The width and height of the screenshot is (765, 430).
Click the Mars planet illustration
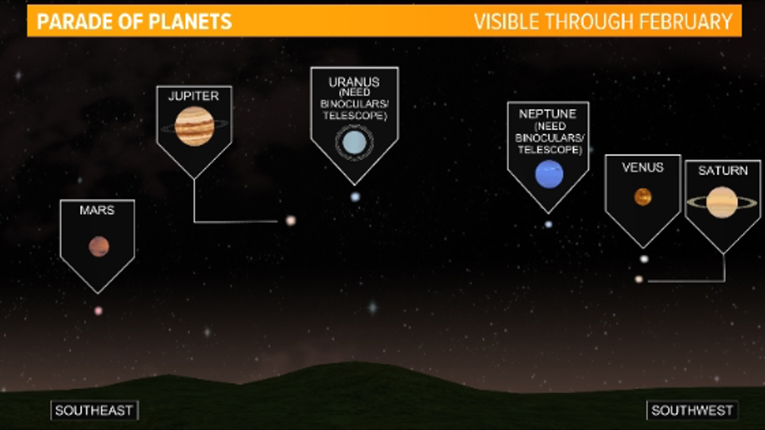tap(99, 246)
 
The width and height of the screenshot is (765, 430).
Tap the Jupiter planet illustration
tap(194, 126)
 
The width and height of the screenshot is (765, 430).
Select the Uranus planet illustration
tap(354, 143)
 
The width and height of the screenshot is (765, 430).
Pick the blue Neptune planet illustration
tap(549, 174)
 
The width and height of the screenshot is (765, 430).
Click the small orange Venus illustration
tap(643, 197)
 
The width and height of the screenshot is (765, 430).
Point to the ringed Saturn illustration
tap(722, 202)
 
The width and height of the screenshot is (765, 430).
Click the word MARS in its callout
tap(97, 210)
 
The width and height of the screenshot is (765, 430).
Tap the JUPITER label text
tap(194, 96)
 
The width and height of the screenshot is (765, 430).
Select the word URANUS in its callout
tap(354, 82)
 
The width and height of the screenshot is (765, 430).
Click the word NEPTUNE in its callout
tap(547, 114)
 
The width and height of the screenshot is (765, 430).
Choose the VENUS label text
tap(642, 168)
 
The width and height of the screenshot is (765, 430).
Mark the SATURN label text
tap(723, 171)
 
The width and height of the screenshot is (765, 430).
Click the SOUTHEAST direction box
tap(94, 410)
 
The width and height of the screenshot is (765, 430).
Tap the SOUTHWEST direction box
tap(692, 410)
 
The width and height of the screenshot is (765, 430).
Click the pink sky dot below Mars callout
tap(98, 311)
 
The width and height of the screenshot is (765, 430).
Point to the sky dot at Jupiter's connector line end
tap(291, 220)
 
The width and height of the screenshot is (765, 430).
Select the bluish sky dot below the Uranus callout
tap(355, 197)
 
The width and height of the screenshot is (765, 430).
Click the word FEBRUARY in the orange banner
tap(685, 21)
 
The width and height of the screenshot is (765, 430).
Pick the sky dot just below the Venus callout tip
tap(644, 259)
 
